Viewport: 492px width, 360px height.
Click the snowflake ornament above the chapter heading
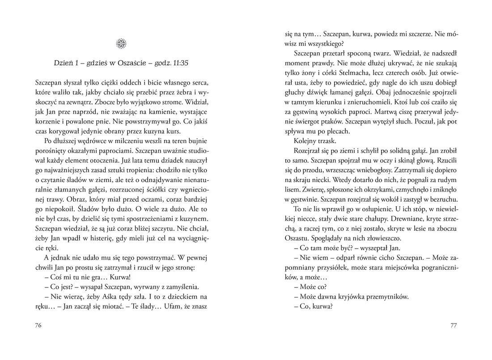121,43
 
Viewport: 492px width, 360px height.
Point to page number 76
38,326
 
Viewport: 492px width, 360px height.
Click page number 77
453,326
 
